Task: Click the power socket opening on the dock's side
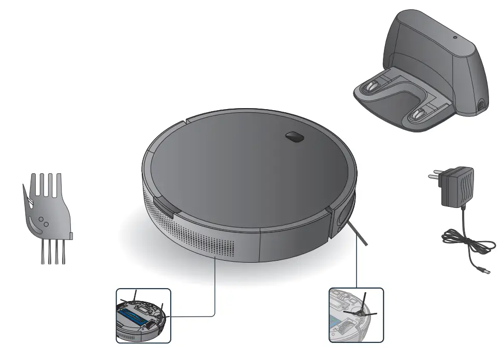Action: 482,106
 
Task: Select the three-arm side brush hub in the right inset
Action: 363,312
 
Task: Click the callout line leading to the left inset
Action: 214,290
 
